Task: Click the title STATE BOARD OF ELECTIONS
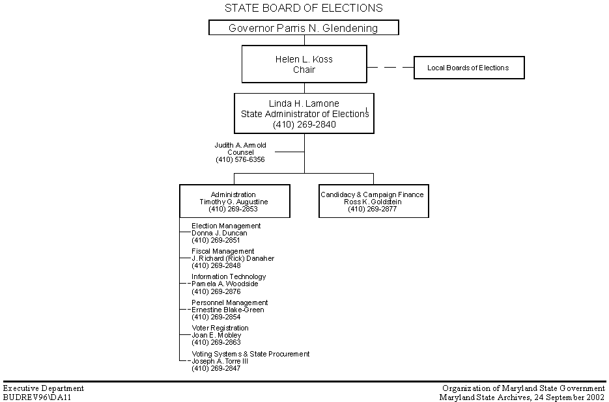[x=304, y=8]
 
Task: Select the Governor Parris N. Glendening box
[x=304, y=28]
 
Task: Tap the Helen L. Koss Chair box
[x=304, y=64]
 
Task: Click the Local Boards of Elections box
[x=468, y=68]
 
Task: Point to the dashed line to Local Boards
[x=390, y=67]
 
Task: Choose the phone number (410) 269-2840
[x=304, y=124]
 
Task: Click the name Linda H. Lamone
[x=304, y=103]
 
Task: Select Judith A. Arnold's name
[x=240, y=145]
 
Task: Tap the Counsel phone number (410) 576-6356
[x=240, y=159]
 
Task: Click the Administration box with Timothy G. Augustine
[x=234, y=201]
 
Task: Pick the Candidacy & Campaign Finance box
[x=373, y=201]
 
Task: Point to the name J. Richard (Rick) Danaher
[x=233, y=258]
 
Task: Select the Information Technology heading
[x=229, y=276]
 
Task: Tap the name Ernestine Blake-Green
[x=227, y=310]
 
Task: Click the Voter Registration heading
[x=220, y=328]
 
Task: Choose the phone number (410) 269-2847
[x=216, y=368]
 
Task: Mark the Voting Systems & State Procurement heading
[x=251, y=354]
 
